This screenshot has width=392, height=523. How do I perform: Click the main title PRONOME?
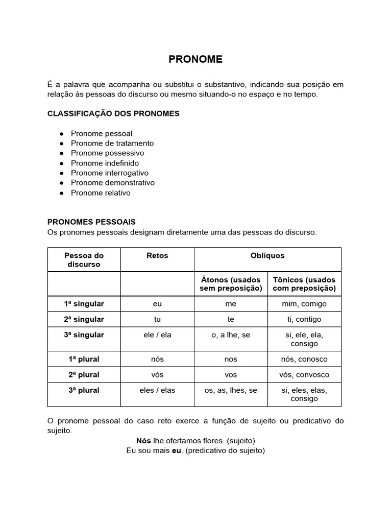[195, 59]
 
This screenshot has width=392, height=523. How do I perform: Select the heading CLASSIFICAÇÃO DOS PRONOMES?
[113, 113]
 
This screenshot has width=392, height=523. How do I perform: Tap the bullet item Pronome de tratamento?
[112, 143]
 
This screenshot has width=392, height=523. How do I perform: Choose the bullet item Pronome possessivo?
[107, 153]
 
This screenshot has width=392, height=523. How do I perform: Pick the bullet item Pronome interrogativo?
[110, 173]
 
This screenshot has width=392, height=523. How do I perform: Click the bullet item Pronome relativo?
[101, 193]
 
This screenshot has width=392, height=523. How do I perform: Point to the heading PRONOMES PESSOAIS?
[91, 222]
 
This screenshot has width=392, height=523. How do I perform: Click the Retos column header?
[157, 255]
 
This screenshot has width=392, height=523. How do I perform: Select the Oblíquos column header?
[267, 255]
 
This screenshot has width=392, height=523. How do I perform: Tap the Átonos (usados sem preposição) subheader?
[231, 284]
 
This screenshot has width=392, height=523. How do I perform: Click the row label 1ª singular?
[84, 303]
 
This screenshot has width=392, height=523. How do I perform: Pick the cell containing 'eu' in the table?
[157, 303]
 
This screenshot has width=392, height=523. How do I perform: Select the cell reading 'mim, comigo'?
[304, 303]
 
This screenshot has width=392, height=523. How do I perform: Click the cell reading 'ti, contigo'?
[304, 319]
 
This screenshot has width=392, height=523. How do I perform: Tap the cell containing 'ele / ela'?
[157, 335]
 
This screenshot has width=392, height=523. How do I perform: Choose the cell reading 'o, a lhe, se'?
[231, 335]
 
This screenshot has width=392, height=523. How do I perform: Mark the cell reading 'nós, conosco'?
[304, 359]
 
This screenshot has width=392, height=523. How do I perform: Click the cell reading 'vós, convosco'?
[304, 374]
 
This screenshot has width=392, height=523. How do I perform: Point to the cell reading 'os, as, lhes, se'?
[231, 390]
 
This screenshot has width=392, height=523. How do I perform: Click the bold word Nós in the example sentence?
[143, 440]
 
